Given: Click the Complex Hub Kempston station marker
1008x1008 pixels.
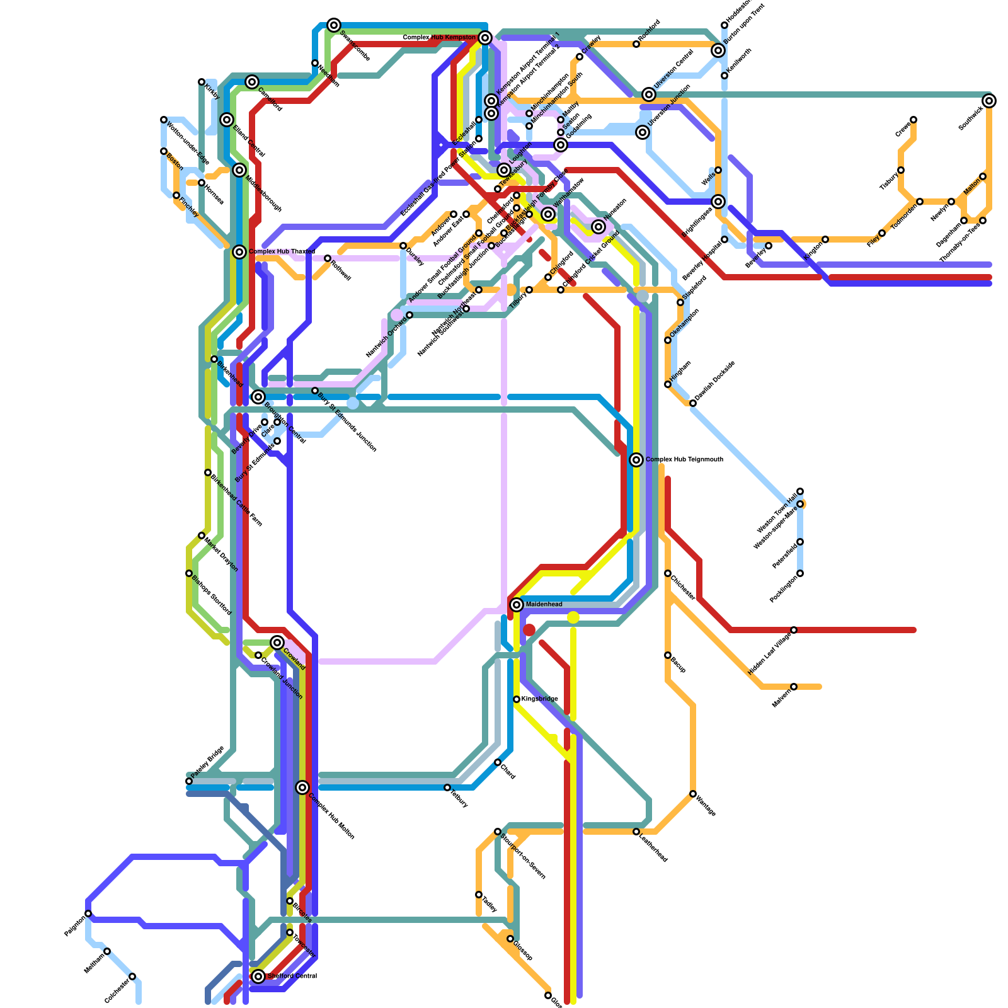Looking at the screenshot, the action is click(x=485, y=38).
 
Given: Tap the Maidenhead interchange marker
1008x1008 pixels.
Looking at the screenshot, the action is click(x=517, y=605).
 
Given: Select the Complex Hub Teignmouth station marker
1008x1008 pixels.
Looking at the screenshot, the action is click(x=636, y=460).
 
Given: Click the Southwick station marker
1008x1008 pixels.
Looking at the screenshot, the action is click(x=989, y=101).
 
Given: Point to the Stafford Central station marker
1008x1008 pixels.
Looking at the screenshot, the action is click(x=258, y=976).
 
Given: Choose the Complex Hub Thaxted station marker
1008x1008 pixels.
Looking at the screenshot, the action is click(x=239, y=252).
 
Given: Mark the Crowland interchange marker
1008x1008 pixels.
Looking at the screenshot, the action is click(x=277, y=643).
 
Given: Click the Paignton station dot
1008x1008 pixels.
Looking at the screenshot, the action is click(x=88, y=913).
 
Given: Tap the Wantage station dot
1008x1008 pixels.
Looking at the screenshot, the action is click(x=693, y=794).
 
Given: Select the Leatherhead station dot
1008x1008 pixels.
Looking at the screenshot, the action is click(x=636, y=832).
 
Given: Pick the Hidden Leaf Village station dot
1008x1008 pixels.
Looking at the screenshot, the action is click(x=794, y=630).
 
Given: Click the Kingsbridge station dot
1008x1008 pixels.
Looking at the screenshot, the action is click(x=517, y=699).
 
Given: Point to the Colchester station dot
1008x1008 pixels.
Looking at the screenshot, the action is click(x=132, y=976).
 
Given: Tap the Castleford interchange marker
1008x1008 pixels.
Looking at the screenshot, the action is click(x=252, y=82).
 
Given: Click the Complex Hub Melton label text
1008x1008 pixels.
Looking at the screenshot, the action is click(x=331, y=816).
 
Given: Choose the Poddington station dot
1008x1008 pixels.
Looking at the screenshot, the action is click(x=800, y=573).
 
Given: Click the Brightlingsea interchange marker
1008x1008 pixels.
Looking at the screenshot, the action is click(x=718, y=202).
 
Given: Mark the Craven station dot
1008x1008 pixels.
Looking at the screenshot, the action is click(x=913, y=120).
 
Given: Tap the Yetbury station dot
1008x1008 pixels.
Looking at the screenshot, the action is click(x=447, y=787).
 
